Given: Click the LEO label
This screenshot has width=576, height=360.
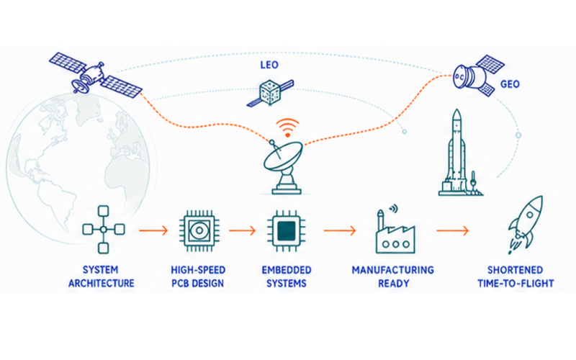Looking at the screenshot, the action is point(269,65).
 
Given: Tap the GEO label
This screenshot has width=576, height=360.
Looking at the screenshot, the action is point(510,84).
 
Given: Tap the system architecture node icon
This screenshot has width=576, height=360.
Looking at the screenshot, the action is point(104,230).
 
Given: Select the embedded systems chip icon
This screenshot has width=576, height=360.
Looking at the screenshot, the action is point(286,230).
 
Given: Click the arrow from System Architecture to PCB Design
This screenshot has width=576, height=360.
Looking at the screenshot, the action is point(153,230).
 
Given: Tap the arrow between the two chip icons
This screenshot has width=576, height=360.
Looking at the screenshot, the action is point(242,230).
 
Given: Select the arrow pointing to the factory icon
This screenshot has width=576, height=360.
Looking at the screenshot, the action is point(340,230).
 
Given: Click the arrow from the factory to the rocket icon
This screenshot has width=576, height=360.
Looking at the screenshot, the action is point(453,230).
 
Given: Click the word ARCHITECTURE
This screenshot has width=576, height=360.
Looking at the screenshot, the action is point(102,284).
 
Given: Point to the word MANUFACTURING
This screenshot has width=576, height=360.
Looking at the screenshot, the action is point(392,270).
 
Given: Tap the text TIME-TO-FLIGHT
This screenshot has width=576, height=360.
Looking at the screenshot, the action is point(516,284).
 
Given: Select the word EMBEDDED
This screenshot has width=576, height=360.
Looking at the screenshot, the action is point(286,270).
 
